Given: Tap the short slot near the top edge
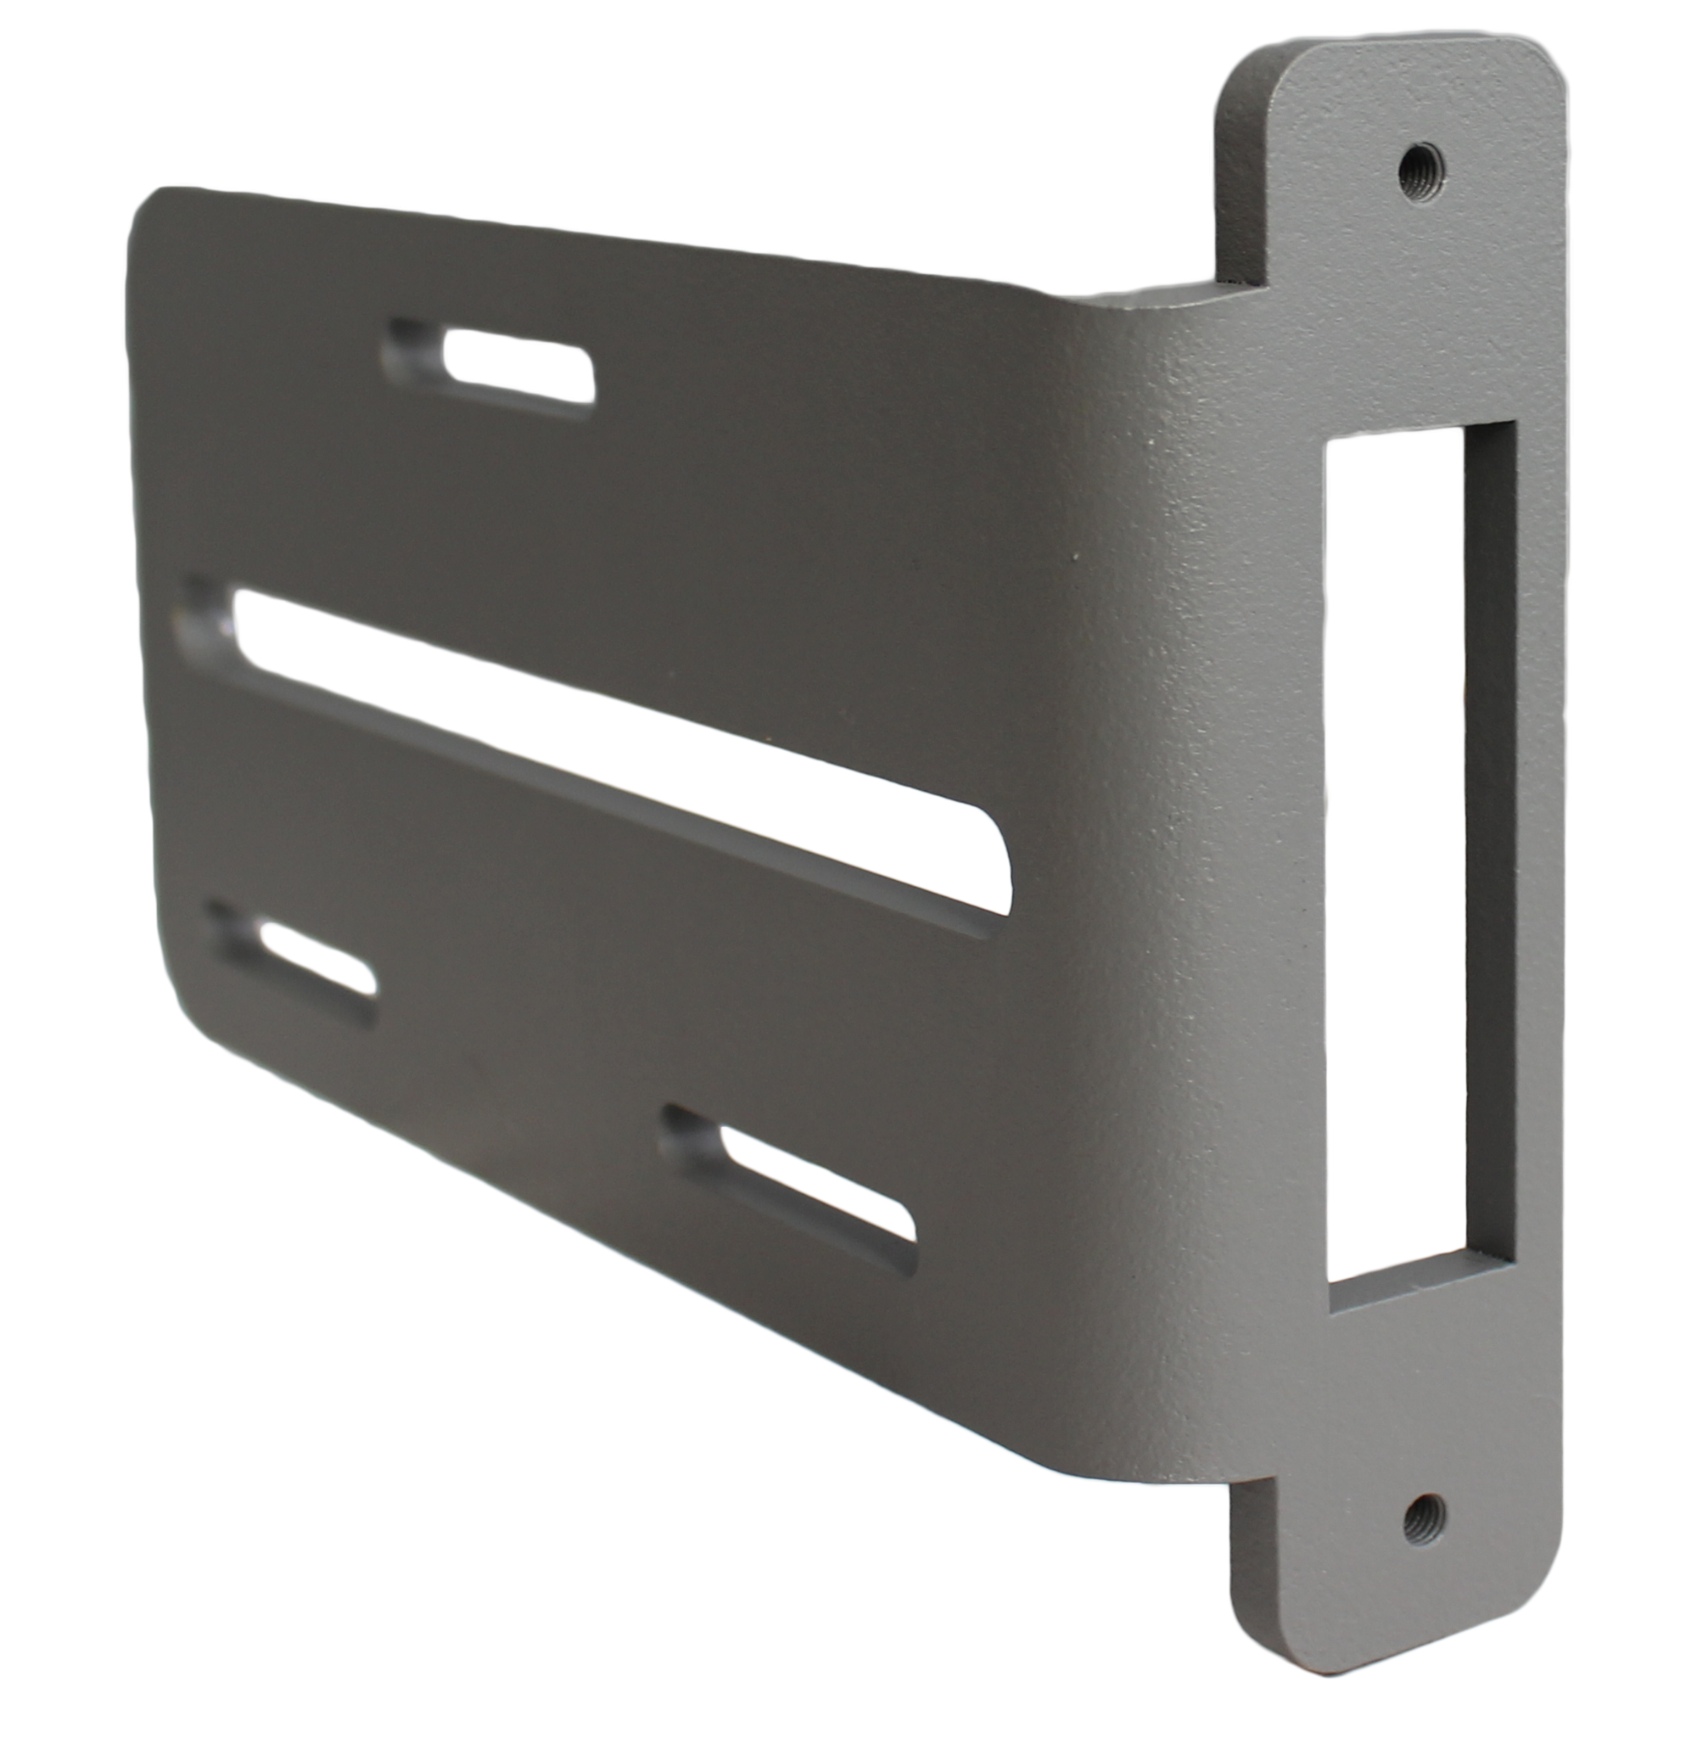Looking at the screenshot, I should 490,369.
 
